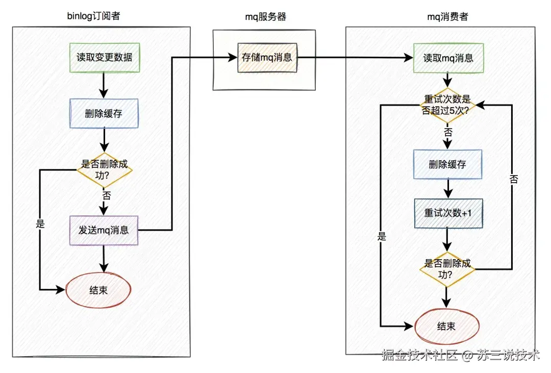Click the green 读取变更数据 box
click(x=104, y=58)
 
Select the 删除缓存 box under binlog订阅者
click(x=104, y=113)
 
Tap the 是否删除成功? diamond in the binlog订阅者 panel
click(x=104, y=170)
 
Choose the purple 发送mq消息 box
click(x=104, y=230)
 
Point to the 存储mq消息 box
click(x=267, y=58)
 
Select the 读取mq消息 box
click(x=448, y=58)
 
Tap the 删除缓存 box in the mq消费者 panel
click(x=448, y=164)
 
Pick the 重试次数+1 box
click(x=448, y=213)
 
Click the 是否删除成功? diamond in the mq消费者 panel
click(x=448, y=269)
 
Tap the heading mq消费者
click(x=447, y=16)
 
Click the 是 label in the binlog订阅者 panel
click(x=40, y=225)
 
